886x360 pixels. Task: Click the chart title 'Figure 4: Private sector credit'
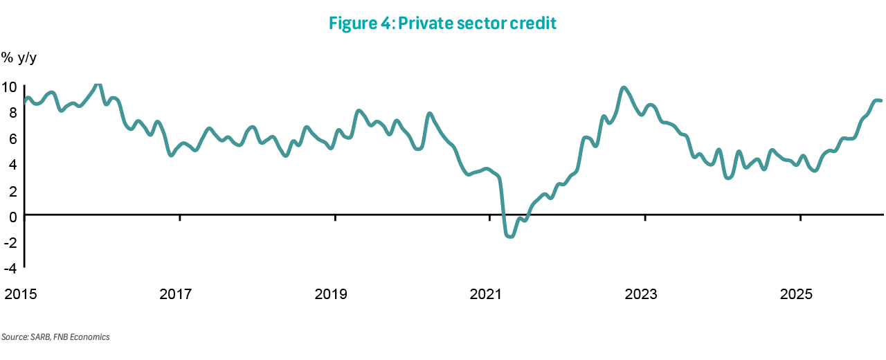tap(443, 23)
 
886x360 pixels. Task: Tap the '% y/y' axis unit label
tap(19, 58)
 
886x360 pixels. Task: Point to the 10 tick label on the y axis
tap(9, 87)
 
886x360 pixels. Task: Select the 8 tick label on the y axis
tap(12, 113)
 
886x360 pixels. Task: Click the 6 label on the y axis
tap(12, 138)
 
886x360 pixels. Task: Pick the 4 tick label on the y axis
tap(12, 165)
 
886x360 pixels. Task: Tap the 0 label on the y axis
tap(12, 216)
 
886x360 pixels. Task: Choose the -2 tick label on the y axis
tap(10, 242)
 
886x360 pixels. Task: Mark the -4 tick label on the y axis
tap(10, 267)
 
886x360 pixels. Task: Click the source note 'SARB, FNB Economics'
tap(55, 337)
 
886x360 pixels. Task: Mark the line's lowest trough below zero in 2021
tap(511, 237)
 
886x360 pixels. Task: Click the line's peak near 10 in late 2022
tap(624, 88)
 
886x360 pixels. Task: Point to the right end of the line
tap(880, 101)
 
